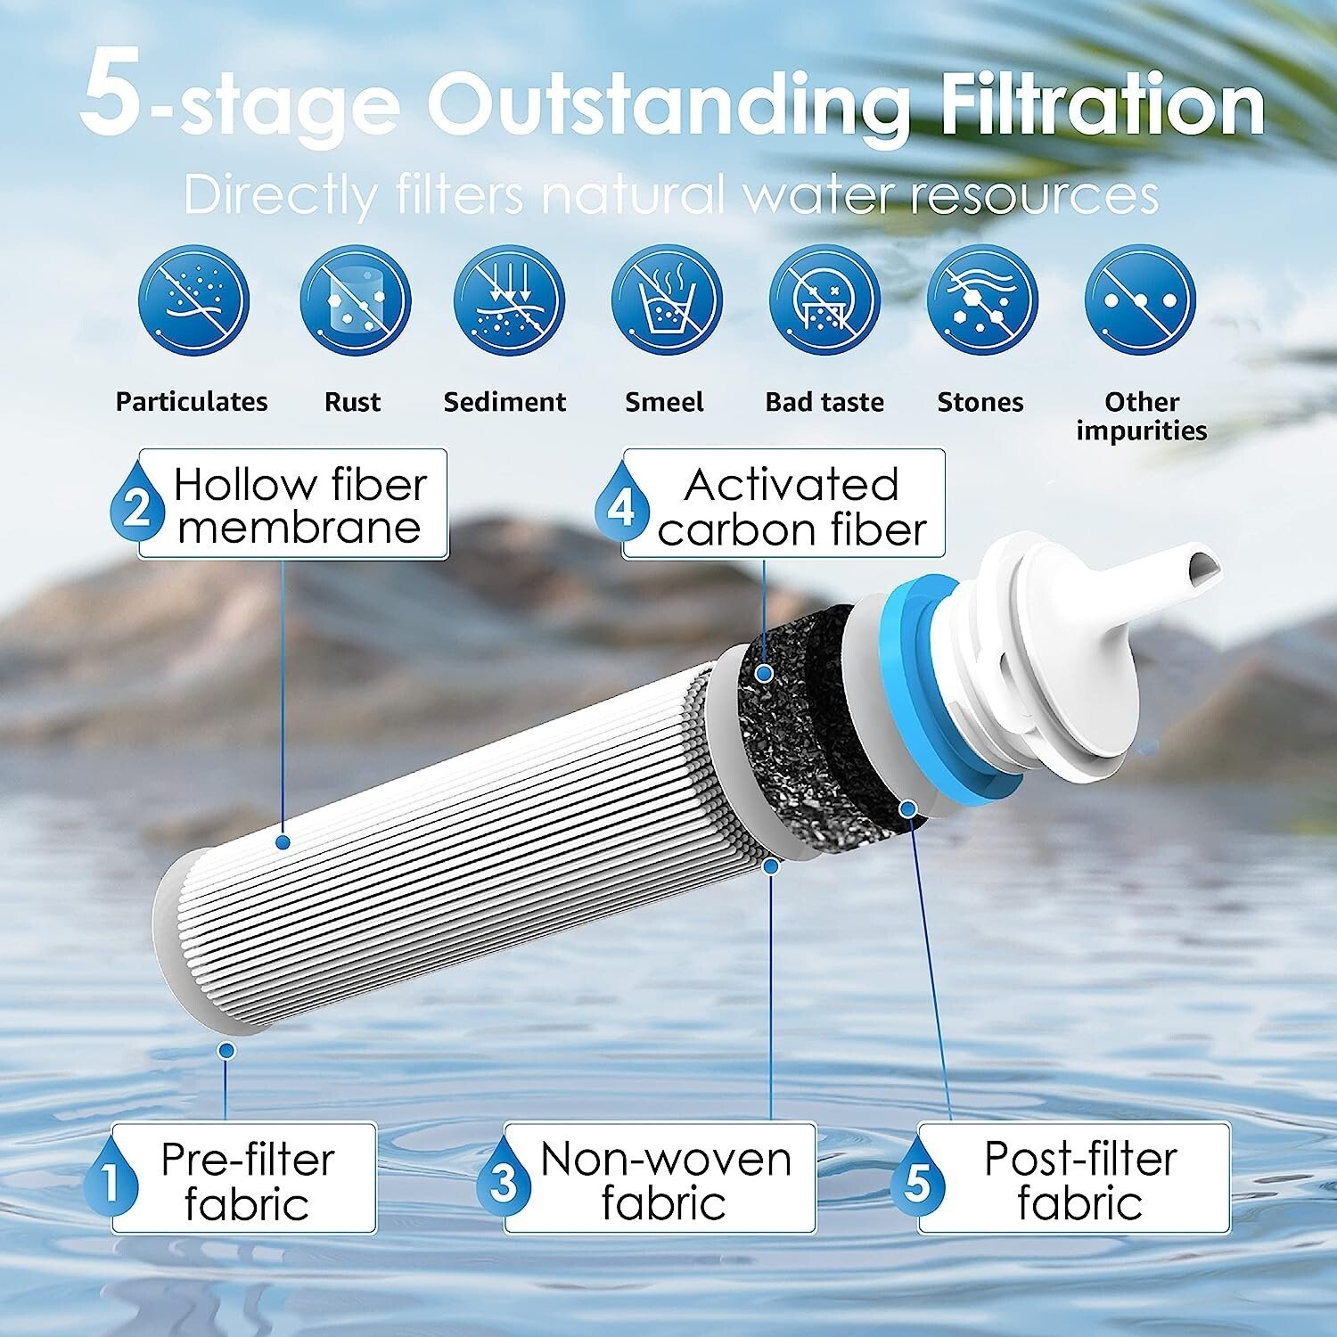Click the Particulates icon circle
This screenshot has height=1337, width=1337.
click(193, 299)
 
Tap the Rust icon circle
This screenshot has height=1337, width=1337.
click(355, 299)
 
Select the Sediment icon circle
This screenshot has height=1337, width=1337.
click(509, 299)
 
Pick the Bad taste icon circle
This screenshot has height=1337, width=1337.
click(824, 299)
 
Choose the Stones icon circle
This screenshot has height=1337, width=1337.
click(982, 299)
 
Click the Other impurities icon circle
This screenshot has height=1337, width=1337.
click(1140, 299)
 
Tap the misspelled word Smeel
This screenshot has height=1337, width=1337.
click(664, 402)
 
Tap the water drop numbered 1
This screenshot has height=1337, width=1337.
click(111, 1177)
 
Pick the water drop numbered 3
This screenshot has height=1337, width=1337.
click(504, 1177)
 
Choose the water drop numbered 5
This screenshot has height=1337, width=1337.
click(917, 1177)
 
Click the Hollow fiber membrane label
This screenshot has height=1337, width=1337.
click(292, 504)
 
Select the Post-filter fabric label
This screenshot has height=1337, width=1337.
click(1074, 1178)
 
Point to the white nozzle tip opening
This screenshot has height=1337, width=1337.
click(1202, 565)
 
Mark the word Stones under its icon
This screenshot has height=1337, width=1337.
click(980, 402)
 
